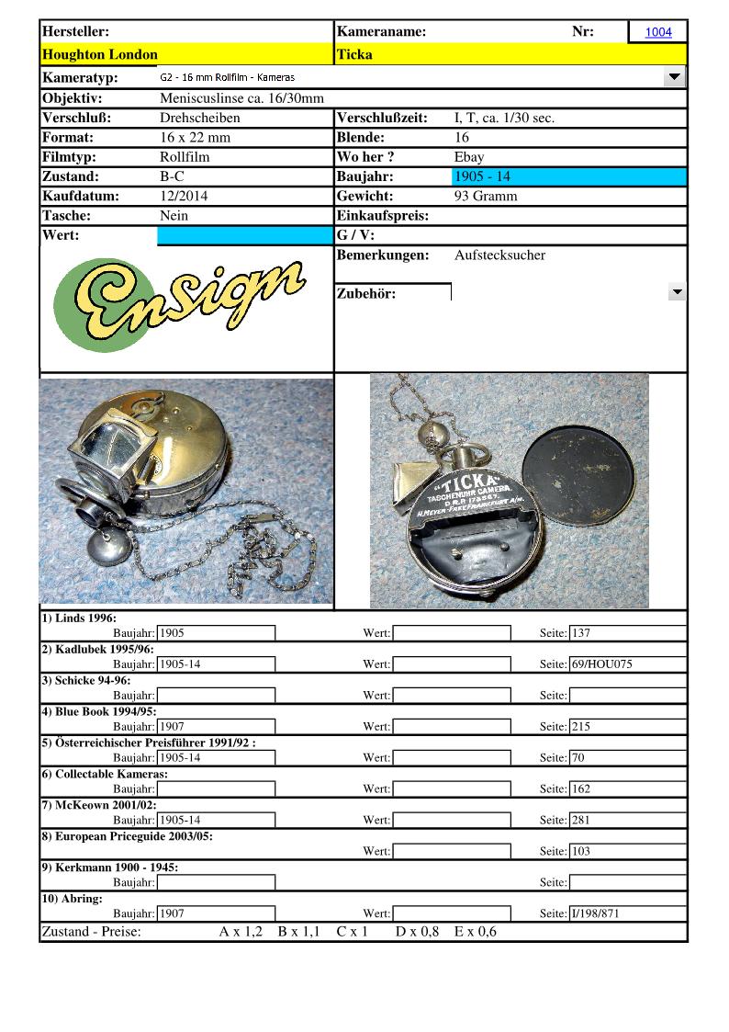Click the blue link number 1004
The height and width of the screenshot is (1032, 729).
coord(658,32)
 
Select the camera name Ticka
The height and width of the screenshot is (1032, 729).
coord(354,54)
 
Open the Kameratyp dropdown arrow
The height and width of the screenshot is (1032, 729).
coord(675,77)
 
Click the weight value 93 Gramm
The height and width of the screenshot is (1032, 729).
coord(486,196)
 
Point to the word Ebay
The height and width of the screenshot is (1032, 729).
coord(469,157)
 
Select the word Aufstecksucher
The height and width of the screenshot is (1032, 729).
coord(499,255)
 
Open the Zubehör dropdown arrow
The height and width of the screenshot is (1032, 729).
coord(677,293)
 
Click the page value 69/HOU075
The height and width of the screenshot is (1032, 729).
coord(601,664)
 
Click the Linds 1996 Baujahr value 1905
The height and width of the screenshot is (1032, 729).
coord(173,633)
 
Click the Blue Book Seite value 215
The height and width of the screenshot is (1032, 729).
coord(581,727)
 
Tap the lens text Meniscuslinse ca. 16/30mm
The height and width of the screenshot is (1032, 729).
coord(241,98)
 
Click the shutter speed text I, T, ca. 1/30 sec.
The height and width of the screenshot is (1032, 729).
coord(504,118)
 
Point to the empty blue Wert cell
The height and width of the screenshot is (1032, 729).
coord(245,236)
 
